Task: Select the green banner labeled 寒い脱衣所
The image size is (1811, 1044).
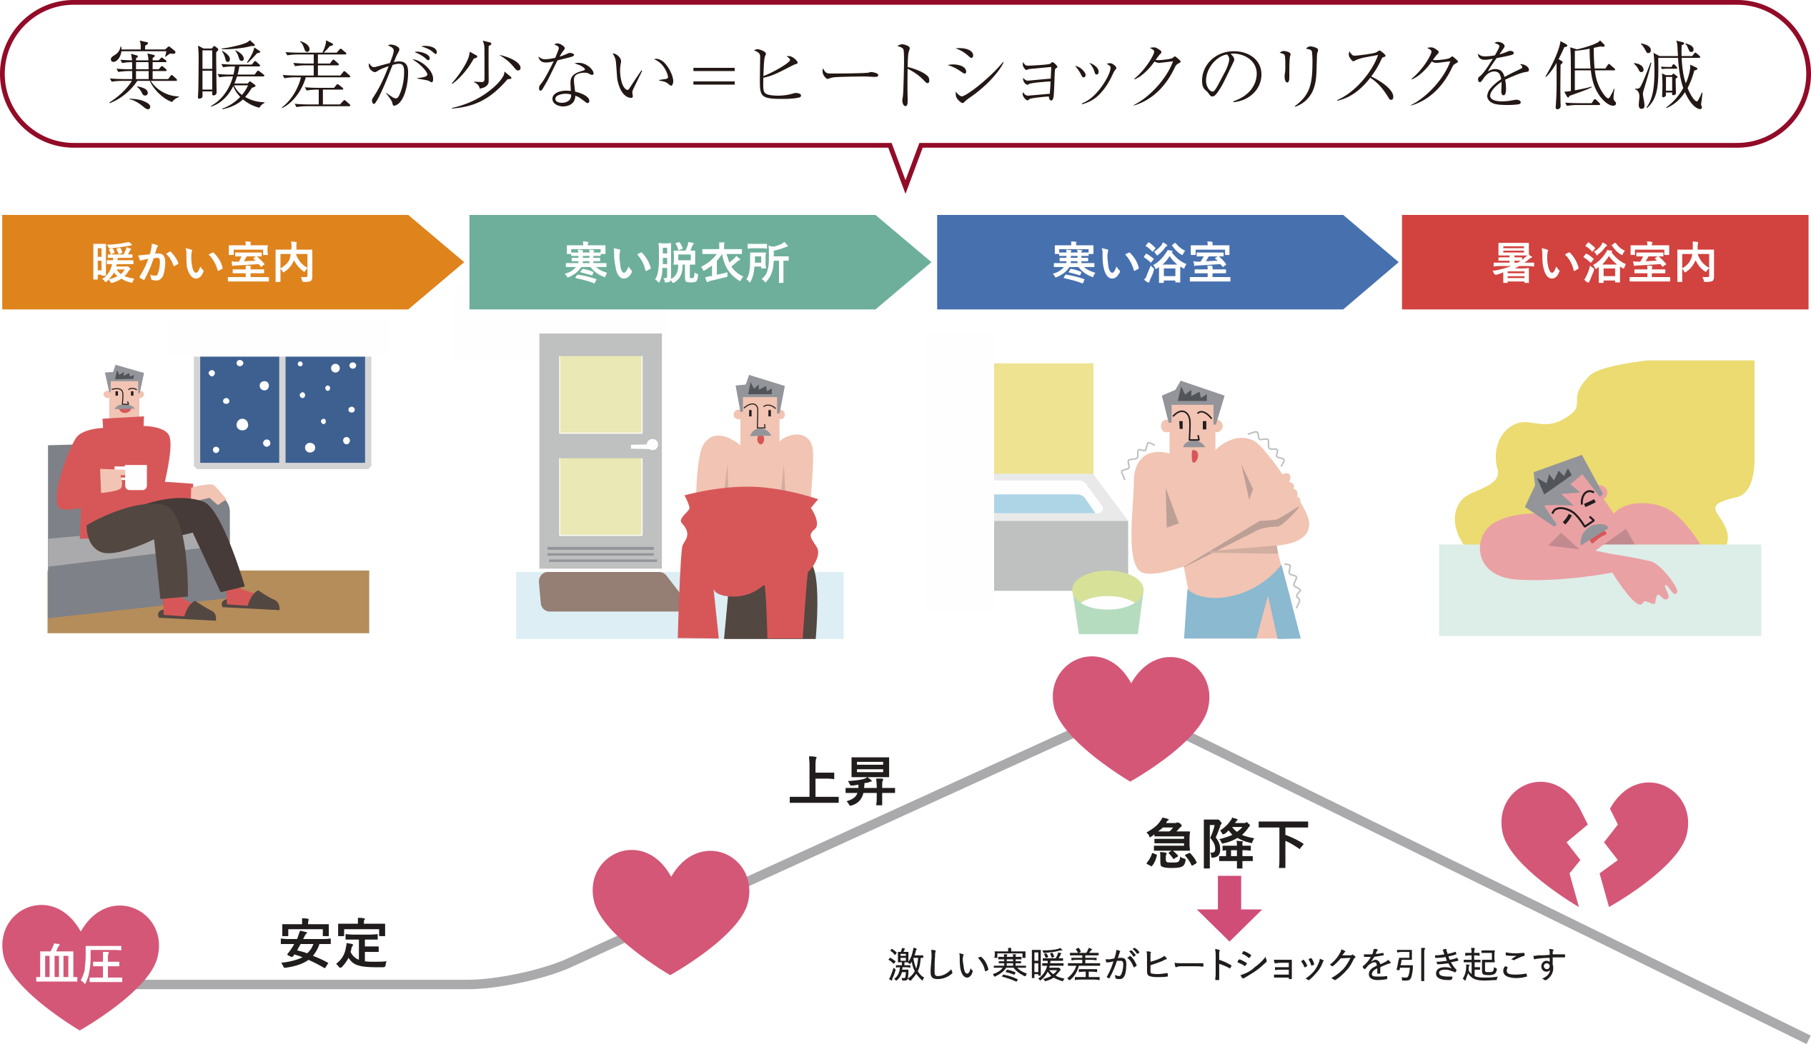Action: tap(700, 262)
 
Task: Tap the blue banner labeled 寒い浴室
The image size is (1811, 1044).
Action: tap(1167, 262)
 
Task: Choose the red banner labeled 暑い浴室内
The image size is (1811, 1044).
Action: tap(1605, 262)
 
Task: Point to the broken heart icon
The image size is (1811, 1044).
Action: tap(1594, 844)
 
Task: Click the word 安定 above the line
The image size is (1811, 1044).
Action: tap(334, 943)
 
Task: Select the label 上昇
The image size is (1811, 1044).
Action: tap(843, 781)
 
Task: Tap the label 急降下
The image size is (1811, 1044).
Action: tap(1228, 844)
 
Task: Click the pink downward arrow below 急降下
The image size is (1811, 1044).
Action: tap(1229, 908)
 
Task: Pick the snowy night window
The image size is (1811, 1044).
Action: tap(283, 411)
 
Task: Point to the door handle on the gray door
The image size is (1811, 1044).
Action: tap(645, 446)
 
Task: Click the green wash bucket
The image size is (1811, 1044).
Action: tap(1108, 602)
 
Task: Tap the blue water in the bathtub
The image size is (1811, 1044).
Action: tap(1044, 503)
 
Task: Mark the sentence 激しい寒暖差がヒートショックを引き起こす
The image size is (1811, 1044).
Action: tap(1226, 965)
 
